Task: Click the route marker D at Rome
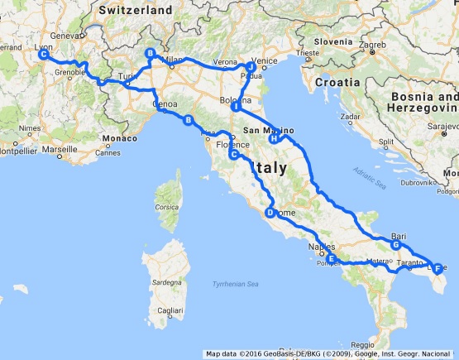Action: point(270,214)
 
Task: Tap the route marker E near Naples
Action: point(331,259)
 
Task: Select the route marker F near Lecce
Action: point(437,266)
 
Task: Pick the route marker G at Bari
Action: point(396,245)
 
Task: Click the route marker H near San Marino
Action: point(273,139)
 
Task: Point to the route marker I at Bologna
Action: point(236,107)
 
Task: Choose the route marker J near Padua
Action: point(250,66)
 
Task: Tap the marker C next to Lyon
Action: point(43,54)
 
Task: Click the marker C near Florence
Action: point(234,155)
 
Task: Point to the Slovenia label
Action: point(332,41)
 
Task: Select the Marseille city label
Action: point(60,151)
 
